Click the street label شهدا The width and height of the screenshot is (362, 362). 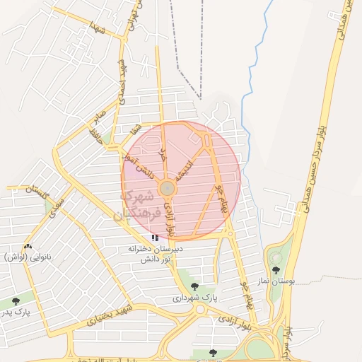(x=98, y=29)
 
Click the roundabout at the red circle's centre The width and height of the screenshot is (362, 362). (x=168, y=189)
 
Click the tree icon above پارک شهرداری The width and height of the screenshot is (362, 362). (x=195, y=286)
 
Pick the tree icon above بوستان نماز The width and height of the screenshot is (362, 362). (x=276, y=269)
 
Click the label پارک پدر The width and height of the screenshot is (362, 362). (x=16, y=311)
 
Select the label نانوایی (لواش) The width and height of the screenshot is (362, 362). (x=28, y=257)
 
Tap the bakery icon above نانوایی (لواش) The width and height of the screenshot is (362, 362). (x=28, y=246)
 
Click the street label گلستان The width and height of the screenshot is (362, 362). (x=40, y=189)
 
